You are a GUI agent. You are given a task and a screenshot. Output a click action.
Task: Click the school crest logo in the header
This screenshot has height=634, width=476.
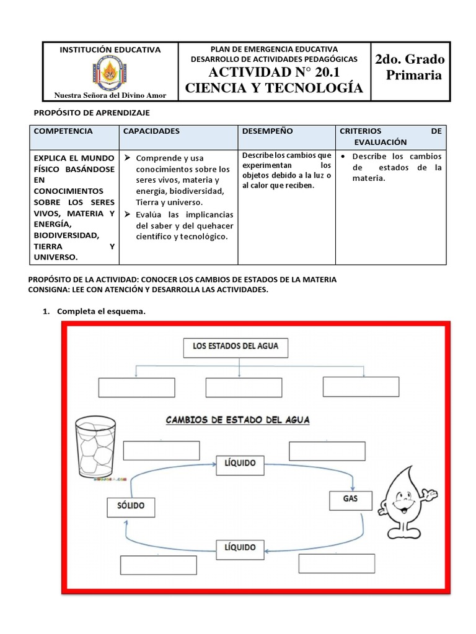[111, 72]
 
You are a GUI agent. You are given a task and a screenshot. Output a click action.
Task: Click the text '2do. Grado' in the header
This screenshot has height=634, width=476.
[410, 60]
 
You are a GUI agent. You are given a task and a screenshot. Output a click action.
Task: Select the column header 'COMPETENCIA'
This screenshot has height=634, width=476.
[63, 131]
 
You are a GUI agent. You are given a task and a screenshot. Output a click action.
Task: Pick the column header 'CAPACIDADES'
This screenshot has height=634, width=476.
[151, 131]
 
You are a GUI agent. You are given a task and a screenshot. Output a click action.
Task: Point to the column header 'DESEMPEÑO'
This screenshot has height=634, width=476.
[268, 131]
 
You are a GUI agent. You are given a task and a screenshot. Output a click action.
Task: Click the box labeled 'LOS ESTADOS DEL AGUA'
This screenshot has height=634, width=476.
[236, 347]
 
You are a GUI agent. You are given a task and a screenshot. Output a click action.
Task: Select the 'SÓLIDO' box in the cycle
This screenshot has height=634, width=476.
[131, 506]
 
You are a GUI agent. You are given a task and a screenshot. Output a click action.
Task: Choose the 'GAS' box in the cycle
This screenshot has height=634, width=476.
[350, 498]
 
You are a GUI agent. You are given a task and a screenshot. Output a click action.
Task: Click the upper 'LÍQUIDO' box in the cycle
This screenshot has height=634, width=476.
[240, 462]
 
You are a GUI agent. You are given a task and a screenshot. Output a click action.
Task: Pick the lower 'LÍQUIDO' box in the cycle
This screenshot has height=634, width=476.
[240, 547]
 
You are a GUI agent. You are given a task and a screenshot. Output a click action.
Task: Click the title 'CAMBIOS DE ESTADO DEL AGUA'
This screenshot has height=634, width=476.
[237, 420]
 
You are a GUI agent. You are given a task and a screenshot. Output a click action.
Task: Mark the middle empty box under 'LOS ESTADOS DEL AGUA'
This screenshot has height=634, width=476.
[235, 388]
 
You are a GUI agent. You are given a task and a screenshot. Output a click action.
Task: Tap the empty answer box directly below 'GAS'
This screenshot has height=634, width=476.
[337, 563]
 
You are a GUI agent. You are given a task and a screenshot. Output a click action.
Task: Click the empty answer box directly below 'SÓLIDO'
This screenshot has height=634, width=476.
[159, 565]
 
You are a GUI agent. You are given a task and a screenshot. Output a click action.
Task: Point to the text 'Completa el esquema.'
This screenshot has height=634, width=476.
[101, 311]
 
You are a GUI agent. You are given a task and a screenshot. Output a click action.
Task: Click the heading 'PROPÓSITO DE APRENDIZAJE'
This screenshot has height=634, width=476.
[91, 112]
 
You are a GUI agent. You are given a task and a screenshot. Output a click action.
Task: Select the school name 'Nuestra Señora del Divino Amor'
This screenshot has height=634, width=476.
[110, 95]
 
